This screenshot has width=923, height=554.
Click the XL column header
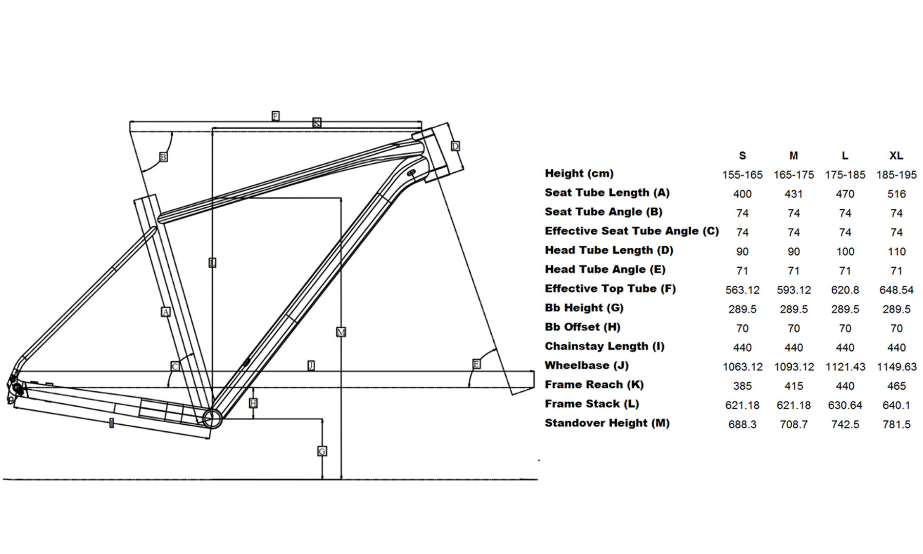coord(896,155)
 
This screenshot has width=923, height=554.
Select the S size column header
coord(742,155)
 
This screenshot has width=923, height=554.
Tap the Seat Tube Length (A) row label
coord(607,193)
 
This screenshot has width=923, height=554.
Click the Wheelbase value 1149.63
coord(896,367)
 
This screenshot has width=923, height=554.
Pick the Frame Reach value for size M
coord(793,386)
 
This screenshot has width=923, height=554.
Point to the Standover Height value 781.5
coord(896,424)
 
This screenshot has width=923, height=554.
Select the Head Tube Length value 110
coord(896,251)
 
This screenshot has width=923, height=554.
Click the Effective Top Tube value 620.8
coord(845,290)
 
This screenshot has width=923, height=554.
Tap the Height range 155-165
coord(742,175)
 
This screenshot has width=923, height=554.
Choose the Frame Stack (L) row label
coord(592,404)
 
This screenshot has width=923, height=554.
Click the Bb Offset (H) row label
coord(583,327)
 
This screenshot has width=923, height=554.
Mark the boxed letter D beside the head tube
coord(455,146)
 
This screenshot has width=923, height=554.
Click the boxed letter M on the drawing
coord(341,332)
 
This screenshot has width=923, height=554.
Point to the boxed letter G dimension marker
coord(322,451)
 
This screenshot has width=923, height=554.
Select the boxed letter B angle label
coord(163,157)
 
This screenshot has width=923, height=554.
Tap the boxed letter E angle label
coord(476,364)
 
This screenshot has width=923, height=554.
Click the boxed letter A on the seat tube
coord(166,311)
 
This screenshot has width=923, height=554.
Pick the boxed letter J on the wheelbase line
coord(311,365)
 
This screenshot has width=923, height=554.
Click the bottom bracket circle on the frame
coord(211,419)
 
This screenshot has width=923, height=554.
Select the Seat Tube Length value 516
coord(896,194)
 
